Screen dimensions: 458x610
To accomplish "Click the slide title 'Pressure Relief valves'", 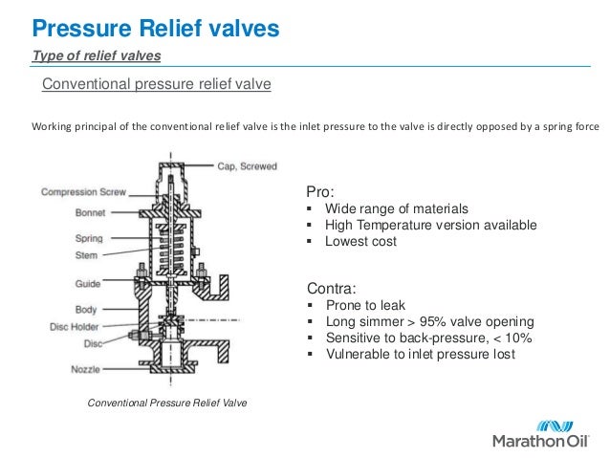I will pyautogui.click(x=155, y=28).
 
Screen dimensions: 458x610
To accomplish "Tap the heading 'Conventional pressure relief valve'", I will pyautogui.click(x=157, y=85).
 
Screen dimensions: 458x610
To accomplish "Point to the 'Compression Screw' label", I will pyautogui.click(x=79, y=192).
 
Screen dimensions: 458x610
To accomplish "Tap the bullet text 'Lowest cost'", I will pyautogui.click(x=360, y=242).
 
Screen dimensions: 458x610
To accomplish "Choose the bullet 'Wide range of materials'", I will pyautogui.click(x=396, y=208).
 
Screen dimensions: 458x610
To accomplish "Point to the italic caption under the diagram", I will pyautogui.click(x=167, y=403).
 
